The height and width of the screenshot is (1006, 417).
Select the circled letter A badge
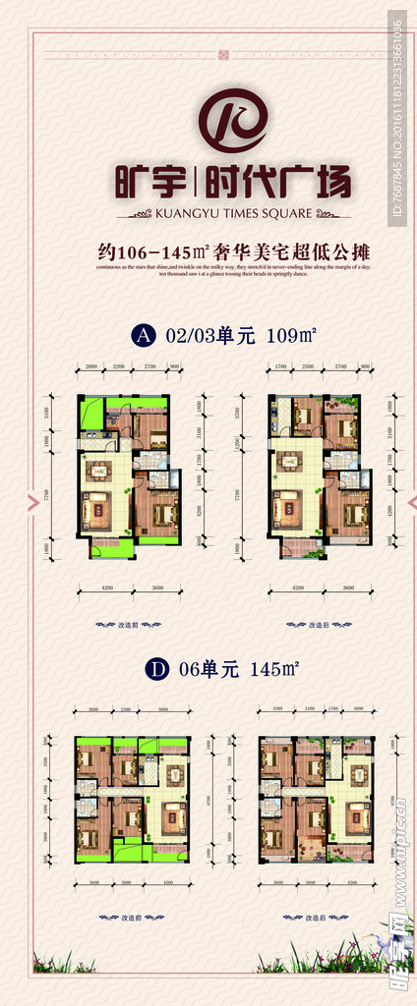click(x=144, y=336)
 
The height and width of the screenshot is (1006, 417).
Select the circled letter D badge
click(x=144, y=670)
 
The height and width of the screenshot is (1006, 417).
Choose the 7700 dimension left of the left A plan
click(x=45, y=497)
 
